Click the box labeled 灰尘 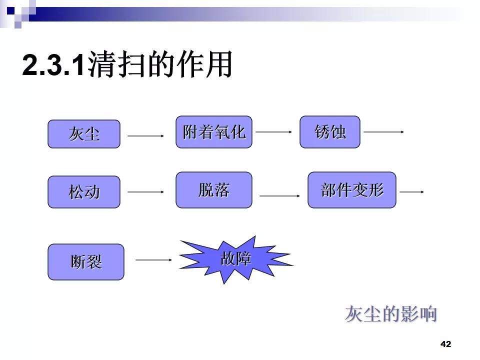coord(84,134)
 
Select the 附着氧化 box coord(214,132)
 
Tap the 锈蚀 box coord(330,132)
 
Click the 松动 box coord(84,192)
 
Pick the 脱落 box coord(214,190)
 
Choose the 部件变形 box coord(352,190)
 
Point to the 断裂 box coord(86,262)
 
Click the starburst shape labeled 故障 coord(235,259)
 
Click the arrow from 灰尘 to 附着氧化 coord(146,135)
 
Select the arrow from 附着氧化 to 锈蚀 coord(274,132)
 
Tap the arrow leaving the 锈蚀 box coord(383,132)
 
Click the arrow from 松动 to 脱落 coord(146,191)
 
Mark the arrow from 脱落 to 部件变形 coord(279,196)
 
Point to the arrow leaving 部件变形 coord(412,191)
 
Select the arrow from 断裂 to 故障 coord(154,260)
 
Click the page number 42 coord(445,344)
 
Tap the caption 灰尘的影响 coord(391,314)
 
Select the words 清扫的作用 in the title coord(160,65)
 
